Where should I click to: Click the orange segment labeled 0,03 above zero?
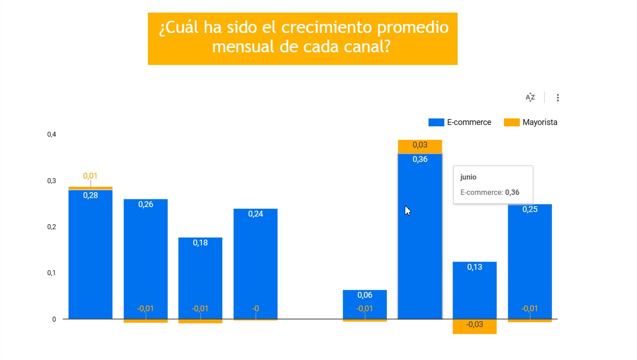click(420, 146)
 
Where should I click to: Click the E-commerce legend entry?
click(460, 122)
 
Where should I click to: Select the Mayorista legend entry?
click(531, 122)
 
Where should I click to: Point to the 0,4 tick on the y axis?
click(51, 134)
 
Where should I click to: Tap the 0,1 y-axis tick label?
click(51, 273)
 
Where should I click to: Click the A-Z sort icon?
click(530, 97)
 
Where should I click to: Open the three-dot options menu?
click(558, 97)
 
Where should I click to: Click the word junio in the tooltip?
click(468, 178)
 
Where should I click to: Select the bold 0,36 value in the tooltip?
click(512, 192)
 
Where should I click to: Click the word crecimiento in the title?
click(325, 28)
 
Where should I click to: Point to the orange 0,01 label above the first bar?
click(90, 176)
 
